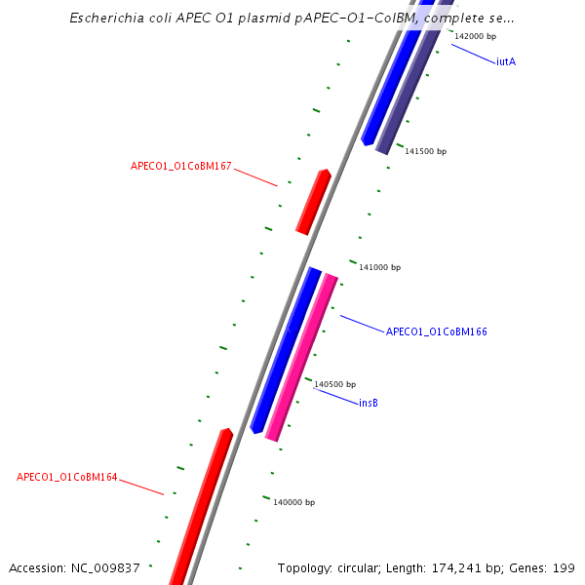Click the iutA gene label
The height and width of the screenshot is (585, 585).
point(505,62)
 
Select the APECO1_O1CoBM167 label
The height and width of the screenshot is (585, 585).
point(181,166)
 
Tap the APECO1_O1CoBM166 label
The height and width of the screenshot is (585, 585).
point(436,331)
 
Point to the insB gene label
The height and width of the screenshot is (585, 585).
point(369,403)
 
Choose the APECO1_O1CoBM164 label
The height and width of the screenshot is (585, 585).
point(67,478)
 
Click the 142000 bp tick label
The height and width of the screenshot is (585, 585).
point(476,36)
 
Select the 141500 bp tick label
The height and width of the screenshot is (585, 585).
point(425,151)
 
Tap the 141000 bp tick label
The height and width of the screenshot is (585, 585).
point(379,267)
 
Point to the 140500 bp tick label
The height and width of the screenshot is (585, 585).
point(334,384)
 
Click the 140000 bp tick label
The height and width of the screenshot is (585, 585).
point(293,502)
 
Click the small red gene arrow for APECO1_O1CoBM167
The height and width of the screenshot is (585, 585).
point(313,202)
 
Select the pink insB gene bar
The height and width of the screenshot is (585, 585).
point(301,357)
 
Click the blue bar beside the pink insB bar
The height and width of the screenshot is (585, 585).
point(285,349)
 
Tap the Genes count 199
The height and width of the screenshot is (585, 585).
point(565,567)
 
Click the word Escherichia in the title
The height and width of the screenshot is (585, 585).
point(108,19)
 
